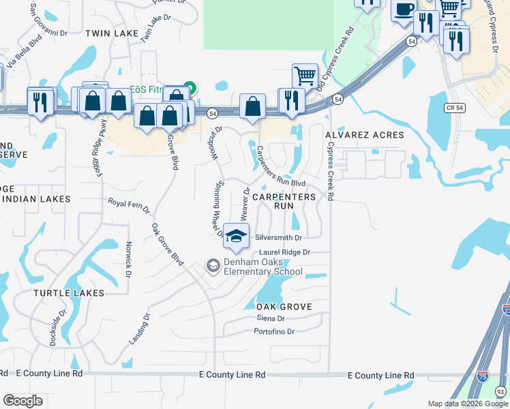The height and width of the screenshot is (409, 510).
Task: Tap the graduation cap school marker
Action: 236,235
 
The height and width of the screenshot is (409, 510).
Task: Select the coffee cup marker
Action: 404,10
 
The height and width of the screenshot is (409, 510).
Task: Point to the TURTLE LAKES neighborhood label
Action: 70,293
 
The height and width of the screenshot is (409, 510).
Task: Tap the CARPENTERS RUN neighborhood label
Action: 284,200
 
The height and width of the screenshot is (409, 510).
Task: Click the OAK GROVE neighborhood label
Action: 275,307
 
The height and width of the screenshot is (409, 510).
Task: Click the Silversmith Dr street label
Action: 278,238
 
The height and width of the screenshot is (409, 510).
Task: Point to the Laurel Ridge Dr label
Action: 284,252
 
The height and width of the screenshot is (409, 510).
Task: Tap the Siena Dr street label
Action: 270,318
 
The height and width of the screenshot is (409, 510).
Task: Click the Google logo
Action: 22,401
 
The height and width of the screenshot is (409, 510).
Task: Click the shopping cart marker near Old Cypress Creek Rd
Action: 304,75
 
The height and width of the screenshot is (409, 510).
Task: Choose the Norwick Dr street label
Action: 127,260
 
